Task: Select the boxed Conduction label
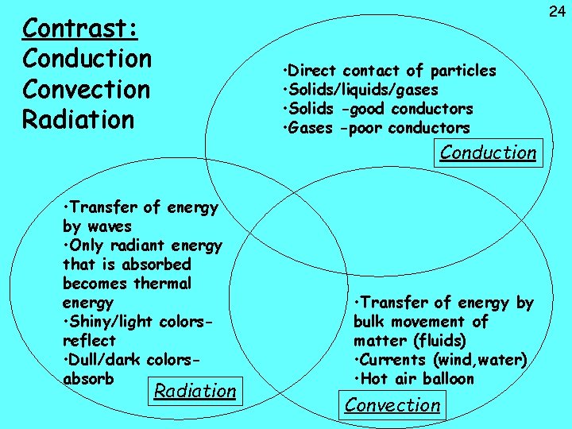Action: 488,153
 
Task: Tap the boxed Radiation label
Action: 195,390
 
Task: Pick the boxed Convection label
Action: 392,404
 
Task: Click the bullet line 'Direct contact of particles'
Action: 389,71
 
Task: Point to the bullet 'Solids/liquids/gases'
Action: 361,90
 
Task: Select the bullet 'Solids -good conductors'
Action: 378,109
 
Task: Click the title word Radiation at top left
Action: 78,120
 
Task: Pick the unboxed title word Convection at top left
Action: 87,90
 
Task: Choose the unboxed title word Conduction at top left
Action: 87,60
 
